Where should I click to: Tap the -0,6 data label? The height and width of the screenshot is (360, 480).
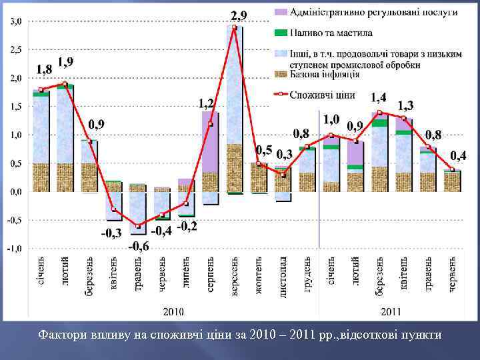[x=139, y=246]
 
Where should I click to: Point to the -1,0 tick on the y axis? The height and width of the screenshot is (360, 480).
[x=14, y=248]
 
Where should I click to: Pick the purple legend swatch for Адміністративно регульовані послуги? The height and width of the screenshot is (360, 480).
[x=281, y=12]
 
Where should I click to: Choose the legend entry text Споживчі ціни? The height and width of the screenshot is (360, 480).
[x=322, y=95]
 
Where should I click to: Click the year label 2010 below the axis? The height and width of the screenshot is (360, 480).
[x=175, y=311]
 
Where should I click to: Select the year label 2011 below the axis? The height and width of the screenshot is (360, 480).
[x=391, y=311]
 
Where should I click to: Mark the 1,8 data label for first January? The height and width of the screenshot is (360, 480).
[x=45, y=69]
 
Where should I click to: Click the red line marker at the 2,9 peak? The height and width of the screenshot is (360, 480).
[x=235, y=27]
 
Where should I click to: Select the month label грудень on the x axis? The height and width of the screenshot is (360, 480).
[x=308, y=273]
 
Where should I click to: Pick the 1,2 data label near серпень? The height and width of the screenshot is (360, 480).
[x=207, y=103]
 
